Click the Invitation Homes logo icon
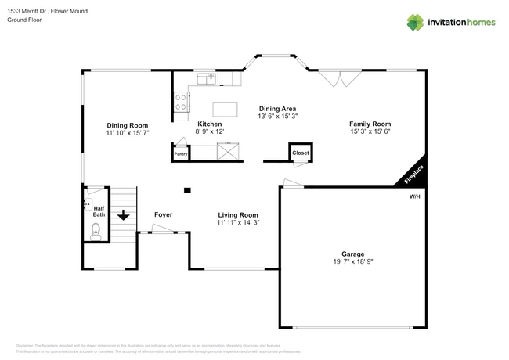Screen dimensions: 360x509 pyautogui.click(x=415, y=22)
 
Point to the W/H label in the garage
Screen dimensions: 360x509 pyautogui.click(x=414, y=196)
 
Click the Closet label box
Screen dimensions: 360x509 pyautogui.click(x=301, y=153)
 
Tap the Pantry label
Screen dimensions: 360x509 pyautogui.click(x=181, y=154)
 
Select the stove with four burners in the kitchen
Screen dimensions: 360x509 pyautogui.click(x=181, y=101)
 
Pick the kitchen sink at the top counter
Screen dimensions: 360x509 pyautogui.click(x=208, y=77)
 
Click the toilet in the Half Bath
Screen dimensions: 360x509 pyautogui.click(x=96, y=230)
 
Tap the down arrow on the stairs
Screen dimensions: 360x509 pyautogui.click(x=123, y=214)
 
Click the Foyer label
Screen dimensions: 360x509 pyautogui.click(x=163, y=214)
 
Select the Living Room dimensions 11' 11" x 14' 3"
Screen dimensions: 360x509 pyautogui.click(x=238, y=223)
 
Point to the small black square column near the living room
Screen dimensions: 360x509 pyautogui.click(x=187, y=189)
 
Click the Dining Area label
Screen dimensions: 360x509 pyautogui.click(x=277, y=109)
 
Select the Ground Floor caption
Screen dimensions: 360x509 pyautogui.click(x=24, y=20)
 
